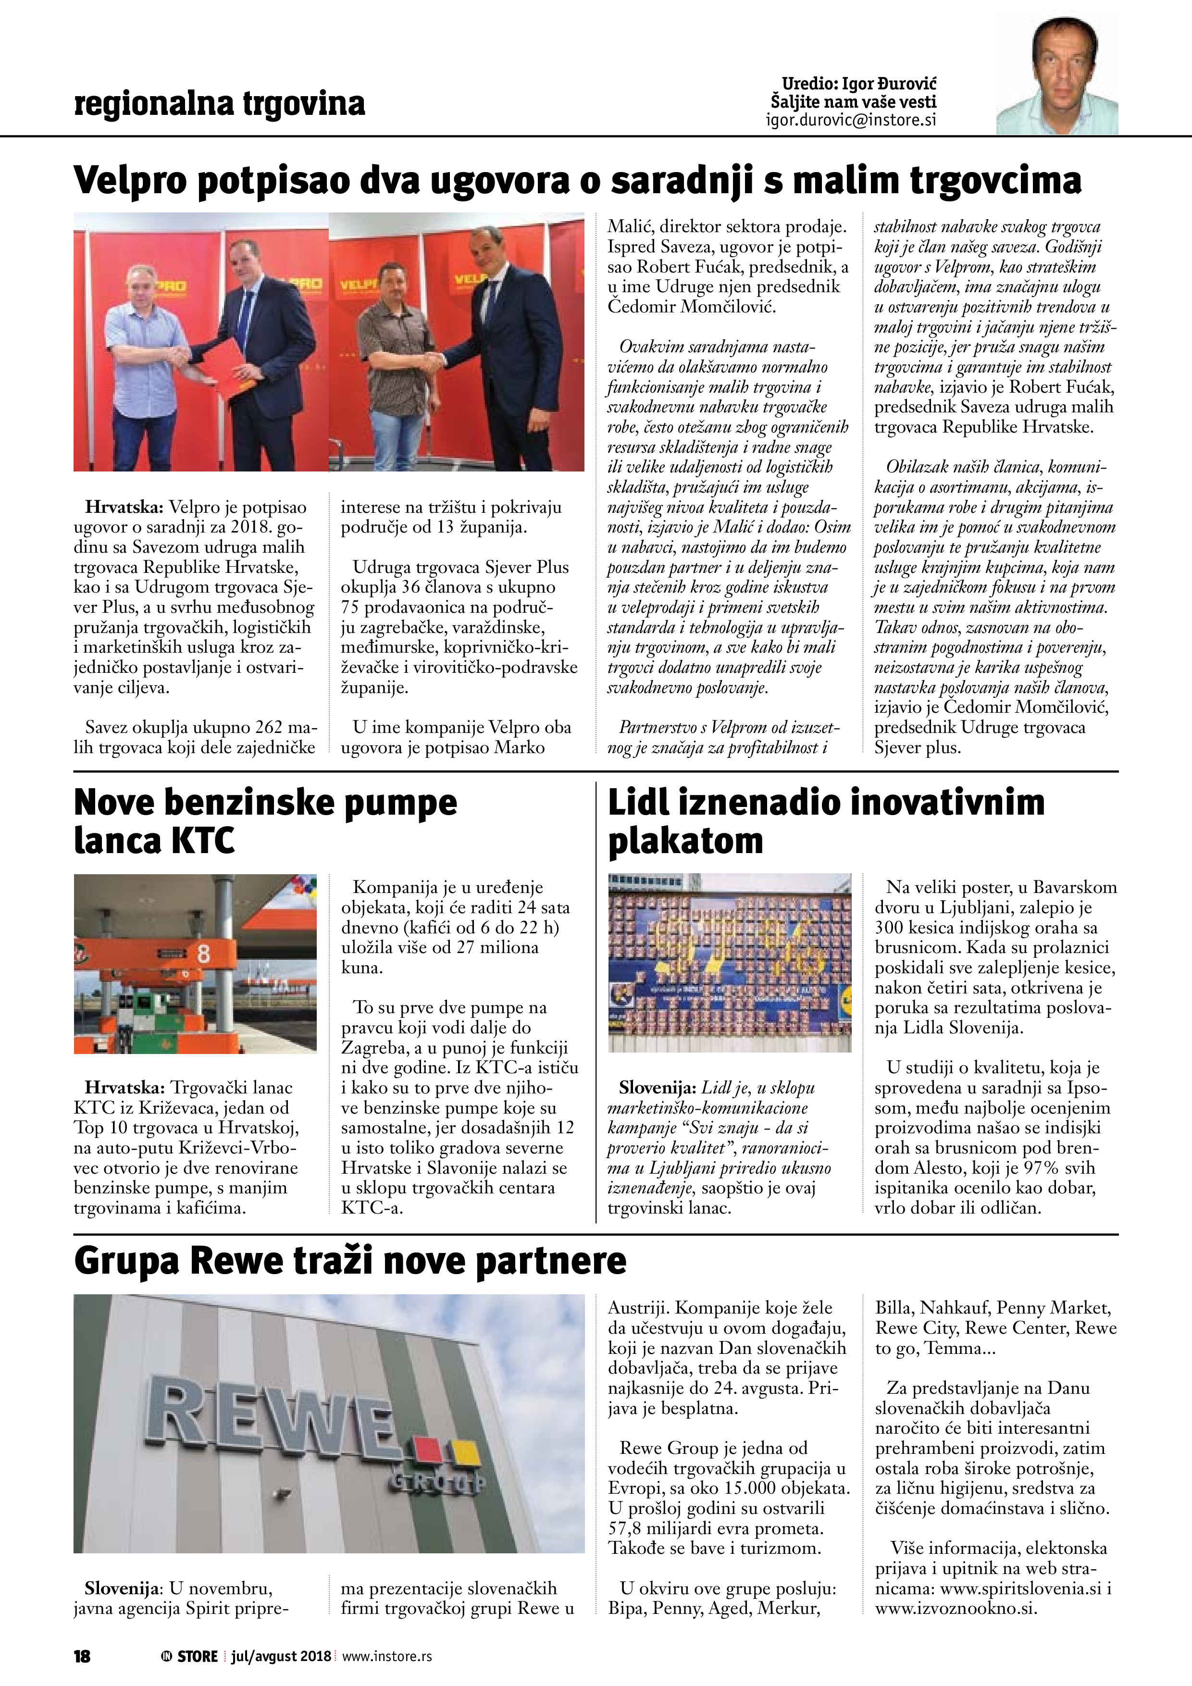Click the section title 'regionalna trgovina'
pos(219,103)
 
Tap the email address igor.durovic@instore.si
pos(850,120)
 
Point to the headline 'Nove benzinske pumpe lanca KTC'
pos(264,821)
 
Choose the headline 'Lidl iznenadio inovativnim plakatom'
pos(826,821)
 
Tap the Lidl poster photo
pos(729,962)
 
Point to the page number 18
pos(82,1656)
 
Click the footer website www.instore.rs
pos(387,1656)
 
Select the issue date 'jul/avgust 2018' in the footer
pos(281,1656)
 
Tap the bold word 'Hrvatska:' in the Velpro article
pos(124,507)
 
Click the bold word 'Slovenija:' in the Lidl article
pos(658,1088)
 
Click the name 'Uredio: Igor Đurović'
pos(858,84)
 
